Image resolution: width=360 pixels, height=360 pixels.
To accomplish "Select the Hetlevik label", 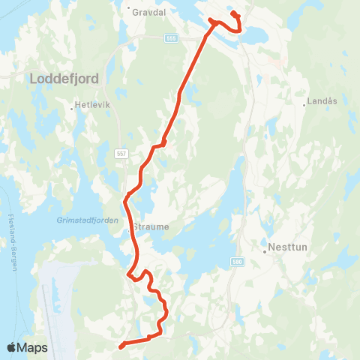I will coord(94,105).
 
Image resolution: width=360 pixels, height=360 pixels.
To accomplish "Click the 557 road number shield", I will coord(121,153).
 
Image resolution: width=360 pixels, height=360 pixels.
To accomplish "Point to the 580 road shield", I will coord(238,261).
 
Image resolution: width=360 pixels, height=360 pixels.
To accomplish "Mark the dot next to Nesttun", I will coord(265,252).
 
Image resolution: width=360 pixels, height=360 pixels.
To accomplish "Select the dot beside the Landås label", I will coord(304,105).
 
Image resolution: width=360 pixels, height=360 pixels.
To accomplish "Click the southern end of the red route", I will coord(121,346).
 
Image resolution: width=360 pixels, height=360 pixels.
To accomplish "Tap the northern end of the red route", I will coord(234,13).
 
